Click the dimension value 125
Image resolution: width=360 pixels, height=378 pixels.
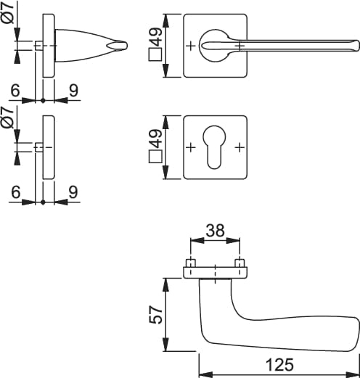(279, 365)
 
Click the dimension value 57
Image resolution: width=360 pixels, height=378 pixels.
(155, 315)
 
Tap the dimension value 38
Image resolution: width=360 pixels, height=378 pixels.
(215, 230)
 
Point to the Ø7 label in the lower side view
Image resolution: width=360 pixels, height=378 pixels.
(7, 118)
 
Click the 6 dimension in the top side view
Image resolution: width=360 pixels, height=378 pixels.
(15, 91)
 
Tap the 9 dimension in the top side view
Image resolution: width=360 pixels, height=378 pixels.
(73, 91)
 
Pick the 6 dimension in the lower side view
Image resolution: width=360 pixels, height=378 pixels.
(16, 192)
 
